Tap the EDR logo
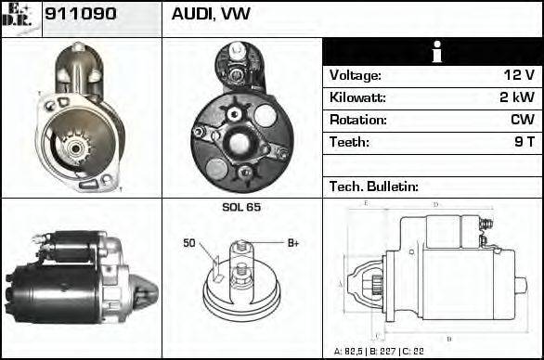pos(20,18)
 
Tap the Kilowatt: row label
pos(357,97)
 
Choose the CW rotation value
pos(521,120)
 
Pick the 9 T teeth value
pos(524,142)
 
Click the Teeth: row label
pos(349,142)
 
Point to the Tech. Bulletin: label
pos(373,186)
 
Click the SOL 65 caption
pos(241,207)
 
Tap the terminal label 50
pos(189,244)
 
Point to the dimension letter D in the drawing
pos(434,204)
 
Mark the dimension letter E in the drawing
pos(368,202)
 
